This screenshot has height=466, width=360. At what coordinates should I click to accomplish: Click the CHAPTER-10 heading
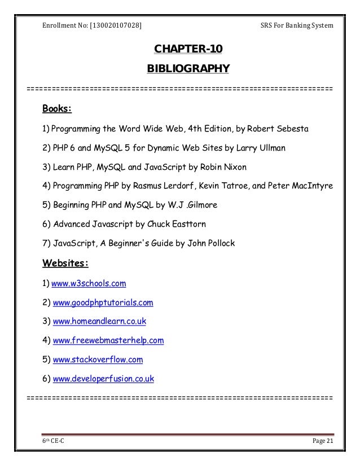click(x=188, y=51)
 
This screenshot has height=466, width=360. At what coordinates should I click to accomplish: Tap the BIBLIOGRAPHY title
click(x=188, y=69)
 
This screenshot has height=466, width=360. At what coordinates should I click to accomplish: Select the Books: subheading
click(x=57, y=108)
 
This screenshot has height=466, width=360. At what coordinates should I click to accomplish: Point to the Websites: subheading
click(x=66, y=263)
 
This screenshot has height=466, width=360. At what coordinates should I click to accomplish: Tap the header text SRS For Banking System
click(x=296, y=25)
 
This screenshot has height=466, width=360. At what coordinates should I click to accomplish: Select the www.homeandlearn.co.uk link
click(x=99, y=321)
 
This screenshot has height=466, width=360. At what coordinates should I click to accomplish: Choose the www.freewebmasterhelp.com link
click(x=108, y=340)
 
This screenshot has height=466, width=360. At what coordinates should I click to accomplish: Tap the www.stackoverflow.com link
click(x=97, y=359)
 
